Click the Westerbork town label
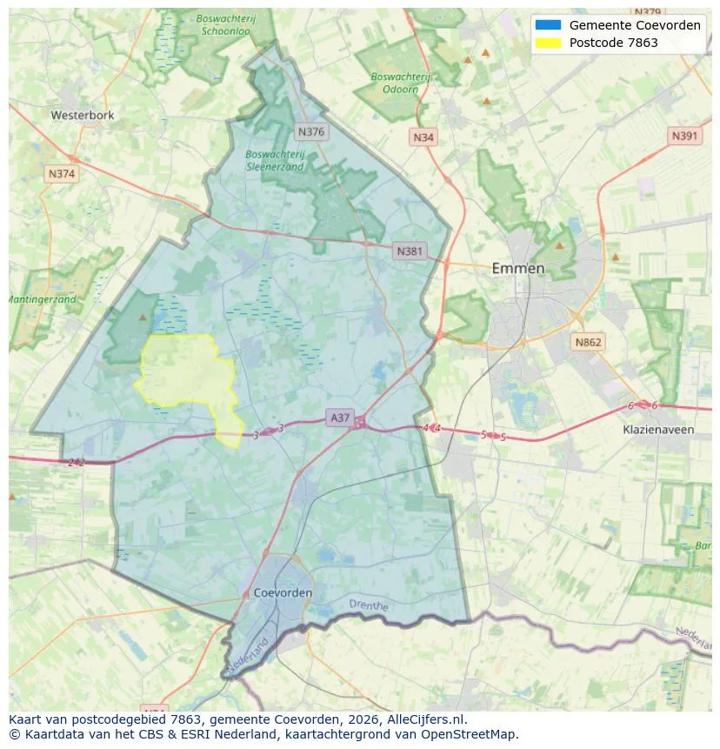pos(82,115)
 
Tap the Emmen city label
pos(518,268)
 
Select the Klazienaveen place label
pos(658,430)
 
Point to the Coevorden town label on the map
pos(283,592)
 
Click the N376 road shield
pos(310,132)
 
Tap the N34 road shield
pos(423,137)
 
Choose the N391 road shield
pos(685,136)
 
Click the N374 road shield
pos(62,174)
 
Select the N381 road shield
pos(409,251)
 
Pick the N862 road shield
pos(588,343)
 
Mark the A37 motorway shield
pos(340,418)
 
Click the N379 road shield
pos(648,12)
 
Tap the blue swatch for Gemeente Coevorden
pos(549,25)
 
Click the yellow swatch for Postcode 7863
pos(549,43)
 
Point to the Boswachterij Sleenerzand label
pos(275,161)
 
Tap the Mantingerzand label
pos(42,299)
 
